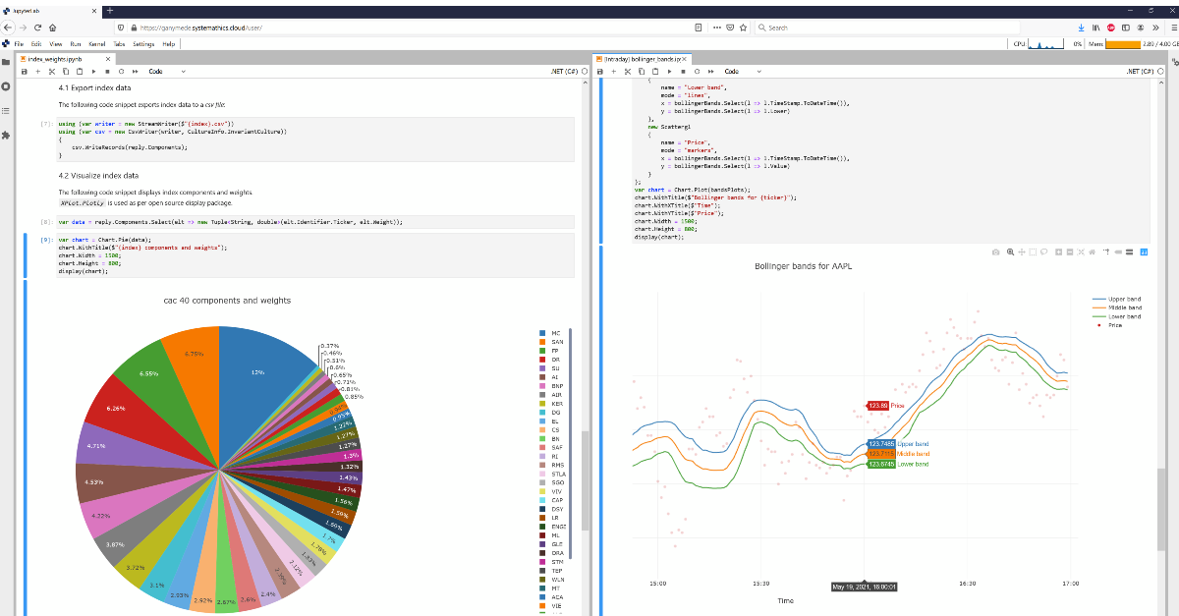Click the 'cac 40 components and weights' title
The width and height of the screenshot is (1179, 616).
pyautogui.click(x=227, y=301)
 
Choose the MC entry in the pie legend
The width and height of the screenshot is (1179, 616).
pyautogui.click(x=555, y=333)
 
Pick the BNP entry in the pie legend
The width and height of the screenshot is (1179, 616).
pyautogui.click(x=556, y=386)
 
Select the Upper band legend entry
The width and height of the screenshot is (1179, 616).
pyautogui.click(x=1124, y=299)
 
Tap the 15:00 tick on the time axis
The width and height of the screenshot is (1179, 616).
pyautogui.click(x=658, y=584)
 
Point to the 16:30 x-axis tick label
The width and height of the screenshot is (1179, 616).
pyautogui.click(x=968, y=584)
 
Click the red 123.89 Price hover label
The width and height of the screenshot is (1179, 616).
pyautogui.click(x=877, y=405)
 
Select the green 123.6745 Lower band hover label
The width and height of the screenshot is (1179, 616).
pyautogui.click(x=881, y=464)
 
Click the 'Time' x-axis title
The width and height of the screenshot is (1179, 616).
pyautogui.click(x=786, y=600)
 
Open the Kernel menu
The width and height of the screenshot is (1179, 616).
pyautogui.click(x=97, y=44)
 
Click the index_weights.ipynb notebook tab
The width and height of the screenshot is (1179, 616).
pyautogui.click(x=55, y=59)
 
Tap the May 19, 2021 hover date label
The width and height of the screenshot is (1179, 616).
pyautogui.click(x=865, y=587)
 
